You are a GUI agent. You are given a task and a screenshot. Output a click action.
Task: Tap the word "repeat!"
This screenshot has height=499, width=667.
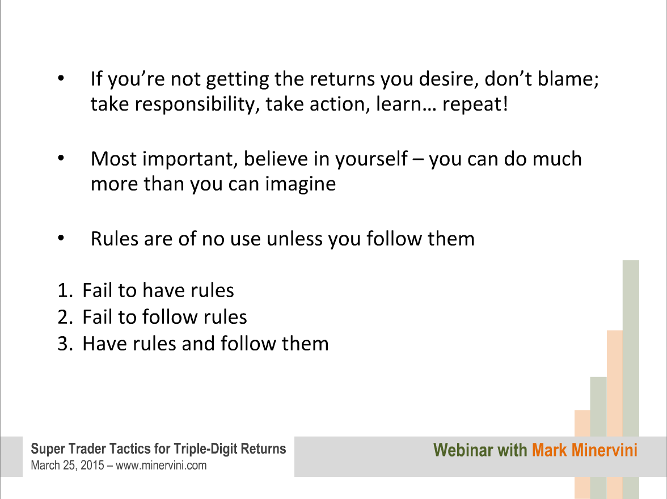[x=475, y=105]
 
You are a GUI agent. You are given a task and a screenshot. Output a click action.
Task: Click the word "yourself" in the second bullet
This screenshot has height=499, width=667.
[x=372, y=159]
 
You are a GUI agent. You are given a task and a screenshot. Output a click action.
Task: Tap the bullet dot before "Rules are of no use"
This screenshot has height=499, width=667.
[x=61, y=238]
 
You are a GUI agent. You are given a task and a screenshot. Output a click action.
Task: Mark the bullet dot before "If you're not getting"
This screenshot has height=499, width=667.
[x=61, y=78]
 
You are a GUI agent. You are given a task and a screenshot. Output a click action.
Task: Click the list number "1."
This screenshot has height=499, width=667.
[x=65, y=290]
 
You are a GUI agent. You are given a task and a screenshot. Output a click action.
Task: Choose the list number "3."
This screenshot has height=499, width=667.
[x=65, y=344]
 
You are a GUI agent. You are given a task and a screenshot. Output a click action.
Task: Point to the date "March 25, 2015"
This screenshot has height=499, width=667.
[x=67, y=466]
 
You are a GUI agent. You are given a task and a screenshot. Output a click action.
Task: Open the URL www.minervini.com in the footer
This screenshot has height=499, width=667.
[x=161, y=466]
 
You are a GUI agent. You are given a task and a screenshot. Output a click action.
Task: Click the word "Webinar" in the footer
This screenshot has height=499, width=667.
[x=463, y=450]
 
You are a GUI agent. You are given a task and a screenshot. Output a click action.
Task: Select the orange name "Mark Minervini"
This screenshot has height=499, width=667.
[x=584, y=450]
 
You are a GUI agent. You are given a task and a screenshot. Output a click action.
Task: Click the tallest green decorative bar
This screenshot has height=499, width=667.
[x=631, y=379]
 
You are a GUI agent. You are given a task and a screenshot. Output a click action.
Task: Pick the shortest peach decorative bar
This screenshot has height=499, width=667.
[x=582, y=454]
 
